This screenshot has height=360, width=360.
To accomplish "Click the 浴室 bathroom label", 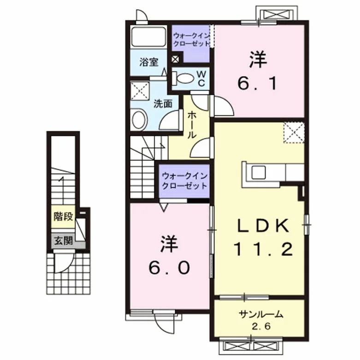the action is tap(149, 62).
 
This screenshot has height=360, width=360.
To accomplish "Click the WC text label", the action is tap(201, 78).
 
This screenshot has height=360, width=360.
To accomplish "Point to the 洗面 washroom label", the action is tap(163, 104).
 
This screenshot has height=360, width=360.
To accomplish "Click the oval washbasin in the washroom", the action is tap(139, 119).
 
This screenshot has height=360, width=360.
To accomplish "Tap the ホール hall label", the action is tap(192, 125).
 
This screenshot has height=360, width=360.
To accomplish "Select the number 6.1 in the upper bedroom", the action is tap(257, 83).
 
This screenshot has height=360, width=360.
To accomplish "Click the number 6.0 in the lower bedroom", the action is tap(170, 268).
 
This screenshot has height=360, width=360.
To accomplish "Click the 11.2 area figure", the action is tap(263, 249).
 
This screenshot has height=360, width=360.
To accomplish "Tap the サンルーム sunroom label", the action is tap(261, 314).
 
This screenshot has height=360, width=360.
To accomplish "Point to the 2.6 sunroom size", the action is tap(261, 326).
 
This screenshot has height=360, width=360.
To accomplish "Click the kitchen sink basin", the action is tap(259, 172).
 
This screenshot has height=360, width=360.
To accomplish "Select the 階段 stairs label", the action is tap(63, 217).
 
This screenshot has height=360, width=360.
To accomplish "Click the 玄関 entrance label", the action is tap(63, 241).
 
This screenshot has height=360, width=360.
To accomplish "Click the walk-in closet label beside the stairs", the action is tap(184, 181).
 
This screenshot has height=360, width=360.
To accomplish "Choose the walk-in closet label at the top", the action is tap(191, 40).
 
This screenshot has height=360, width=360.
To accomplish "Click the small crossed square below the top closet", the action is tap(175, 59).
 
